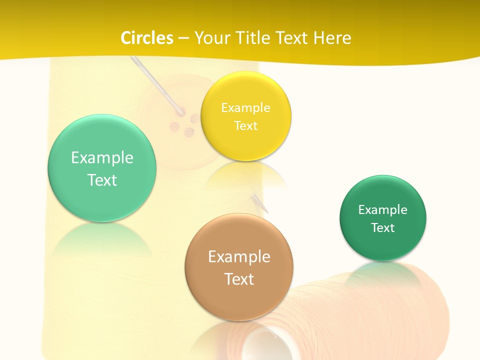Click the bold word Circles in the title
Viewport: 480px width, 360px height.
146,38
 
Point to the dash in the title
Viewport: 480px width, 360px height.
183,38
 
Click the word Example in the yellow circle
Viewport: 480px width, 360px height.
245,107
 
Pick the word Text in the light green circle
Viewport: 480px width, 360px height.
102,180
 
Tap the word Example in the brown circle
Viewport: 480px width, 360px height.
239,257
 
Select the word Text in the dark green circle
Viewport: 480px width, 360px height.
383,228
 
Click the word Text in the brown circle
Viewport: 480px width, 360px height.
239,279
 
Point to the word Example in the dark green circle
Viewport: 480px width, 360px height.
383,210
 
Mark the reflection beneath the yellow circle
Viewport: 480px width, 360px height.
246,175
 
